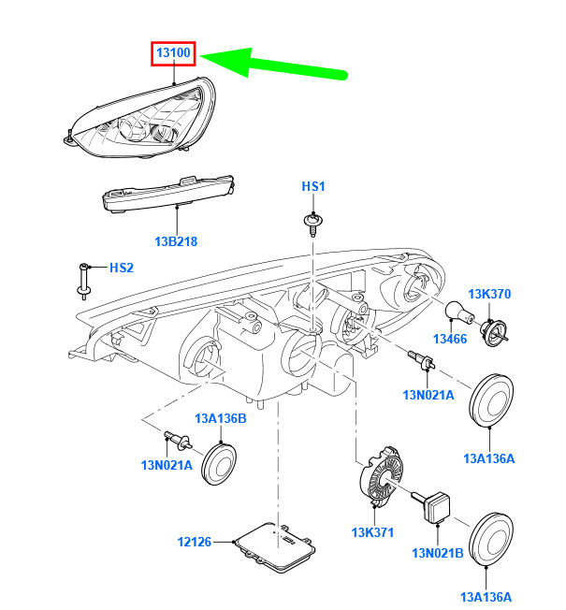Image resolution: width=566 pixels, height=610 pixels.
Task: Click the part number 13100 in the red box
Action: click(x=175, y=53)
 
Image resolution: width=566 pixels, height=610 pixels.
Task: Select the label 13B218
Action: click(x=177, y=240)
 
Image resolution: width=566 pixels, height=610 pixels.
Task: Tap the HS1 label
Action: click(x=312, y=187)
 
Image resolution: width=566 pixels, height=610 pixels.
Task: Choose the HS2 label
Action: click(x=122, y=268)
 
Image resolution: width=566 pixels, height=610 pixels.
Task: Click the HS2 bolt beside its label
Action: click(x=84, y=278)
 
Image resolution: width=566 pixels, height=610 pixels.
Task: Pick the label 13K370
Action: click(x=489, y=294)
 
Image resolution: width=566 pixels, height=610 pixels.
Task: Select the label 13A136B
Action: click(x=221, y=417)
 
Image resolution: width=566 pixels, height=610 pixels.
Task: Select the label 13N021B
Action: click(x=438, y=552)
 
